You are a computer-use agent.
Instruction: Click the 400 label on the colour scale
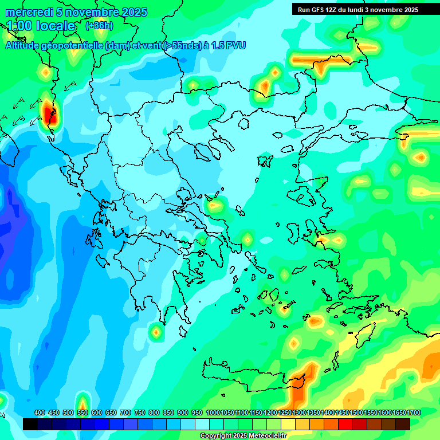click(40, 412)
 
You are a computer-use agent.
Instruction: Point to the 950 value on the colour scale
click(197, 412)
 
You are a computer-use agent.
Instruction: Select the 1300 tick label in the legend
click(299, 412)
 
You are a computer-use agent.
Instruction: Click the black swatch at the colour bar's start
click(30, 424)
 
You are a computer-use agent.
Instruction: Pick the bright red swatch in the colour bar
click(345, 424)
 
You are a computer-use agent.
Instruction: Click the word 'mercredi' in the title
click(26, 12)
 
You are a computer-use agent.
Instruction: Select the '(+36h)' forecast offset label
click(99, 26)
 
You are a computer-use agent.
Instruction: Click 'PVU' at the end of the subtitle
click(235, 45)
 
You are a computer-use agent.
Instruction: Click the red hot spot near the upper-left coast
click(48, 111)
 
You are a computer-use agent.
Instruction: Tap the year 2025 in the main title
click(133, 12)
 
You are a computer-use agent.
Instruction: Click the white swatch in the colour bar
click(202, 424)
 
